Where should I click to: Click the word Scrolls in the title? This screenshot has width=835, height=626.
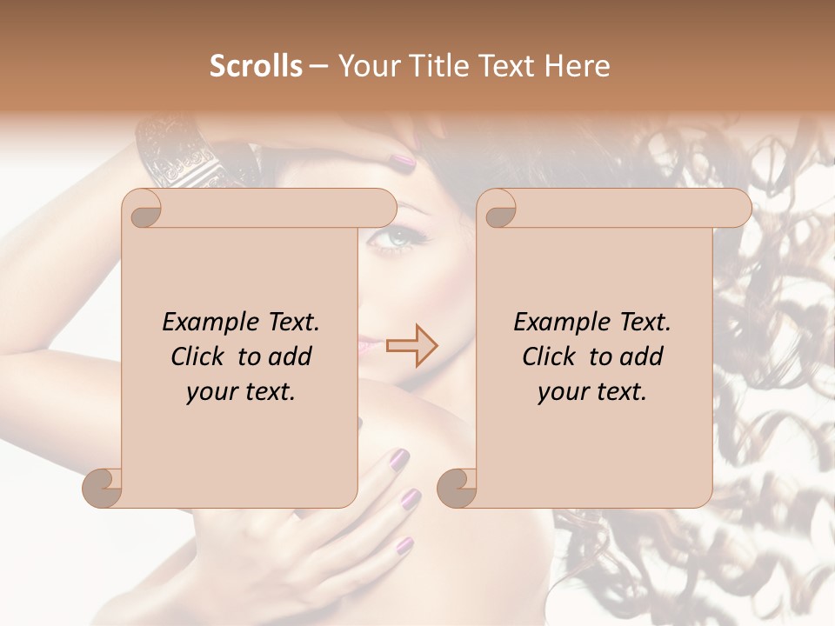256,65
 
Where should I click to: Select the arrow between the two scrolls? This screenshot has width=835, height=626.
412,345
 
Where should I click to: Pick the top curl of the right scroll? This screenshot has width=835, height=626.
499,209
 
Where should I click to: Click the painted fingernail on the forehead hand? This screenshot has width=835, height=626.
403,160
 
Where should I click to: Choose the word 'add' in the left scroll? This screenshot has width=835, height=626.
290,356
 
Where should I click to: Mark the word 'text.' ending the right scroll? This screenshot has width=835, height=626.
619,392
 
